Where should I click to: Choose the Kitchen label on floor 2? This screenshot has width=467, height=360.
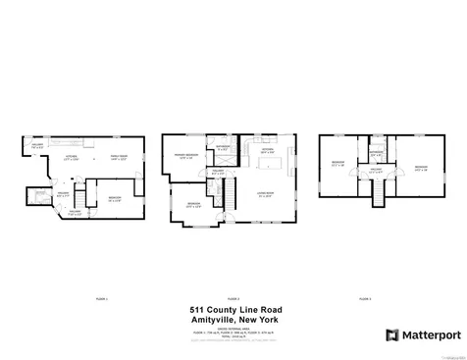click(267, 152)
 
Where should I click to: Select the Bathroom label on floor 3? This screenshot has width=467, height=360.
click(376, 153)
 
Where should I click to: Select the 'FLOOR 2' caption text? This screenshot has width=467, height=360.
click(233, 296)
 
